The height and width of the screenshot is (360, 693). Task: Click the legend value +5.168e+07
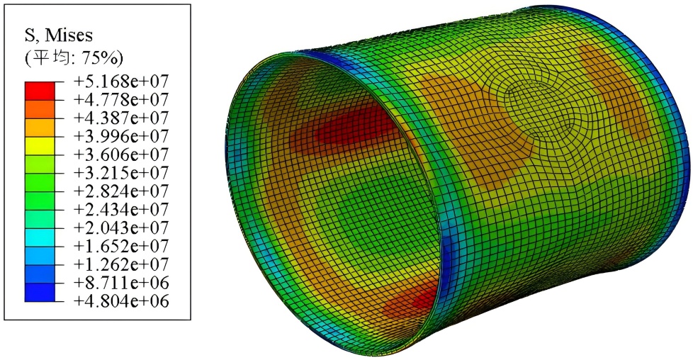[x=121, y=81]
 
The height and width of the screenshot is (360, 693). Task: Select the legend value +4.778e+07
[x=121, y=100]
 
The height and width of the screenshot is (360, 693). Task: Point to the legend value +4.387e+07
[x=121, y=118]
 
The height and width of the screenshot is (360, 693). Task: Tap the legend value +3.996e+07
[x=121, y=136]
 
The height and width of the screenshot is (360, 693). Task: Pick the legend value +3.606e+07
[x=121, y=154]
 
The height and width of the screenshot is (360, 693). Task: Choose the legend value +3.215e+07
[x=121, y=173]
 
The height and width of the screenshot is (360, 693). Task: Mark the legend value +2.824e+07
[x=121, y=191]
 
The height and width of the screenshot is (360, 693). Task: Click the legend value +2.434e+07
[x=121, y=209]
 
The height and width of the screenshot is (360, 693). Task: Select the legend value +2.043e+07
[x=121, y=227]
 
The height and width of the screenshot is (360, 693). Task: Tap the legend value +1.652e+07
[x=121, y=246]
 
